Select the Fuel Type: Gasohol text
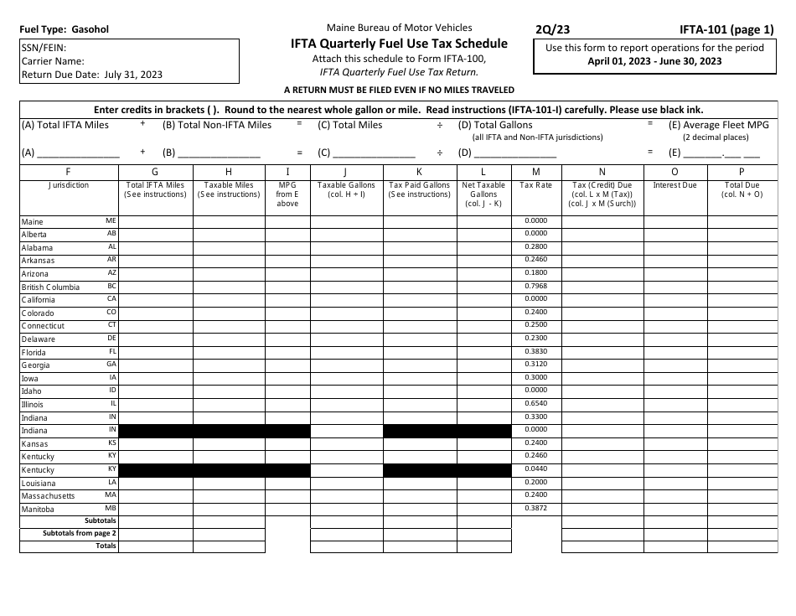click(x=64, y=29)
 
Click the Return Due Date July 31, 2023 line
click(x=92, y=74)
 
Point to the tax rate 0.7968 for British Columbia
click(x=535, y=287)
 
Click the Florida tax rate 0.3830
click(x=535, y=352)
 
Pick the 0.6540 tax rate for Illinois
click(x=535, y=404)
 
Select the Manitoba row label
click(x=38, y=510)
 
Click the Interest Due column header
click(x=675, y=185)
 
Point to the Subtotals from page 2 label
click(x=80, y=533)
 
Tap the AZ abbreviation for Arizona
click(x=111, y=273)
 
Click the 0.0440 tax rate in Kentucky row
click(x=535, y=469)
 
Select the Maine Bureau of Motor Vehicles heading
click(x=399, y=28)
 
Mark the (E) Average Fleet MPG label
click(x=716, y=125)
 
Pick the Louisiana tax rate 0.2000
click(x=535, y=483)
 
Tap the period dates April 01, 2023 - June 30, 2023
click(x=654, y=61)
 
